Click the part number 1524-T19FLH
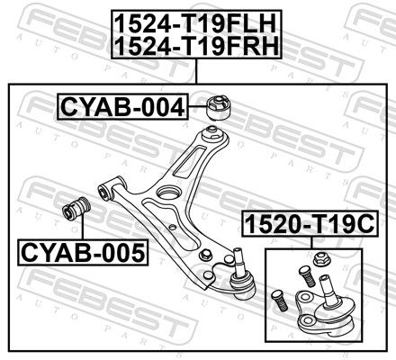coord(195,24)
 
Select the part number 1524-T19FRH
coord(196,46)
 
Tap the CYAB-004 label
coord(122,107)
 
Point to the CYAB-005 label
coord(83,253)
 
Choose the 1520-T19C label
coord(310,223)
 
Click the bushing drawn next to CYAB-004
coord(220,107)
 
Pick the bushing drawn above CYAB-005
coord(76,208)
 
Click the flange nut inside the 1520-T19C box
coord(322,259)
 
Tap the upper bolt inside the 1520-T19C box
coord(307,276)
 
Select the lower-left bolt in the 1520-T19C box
coord(279,301)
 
